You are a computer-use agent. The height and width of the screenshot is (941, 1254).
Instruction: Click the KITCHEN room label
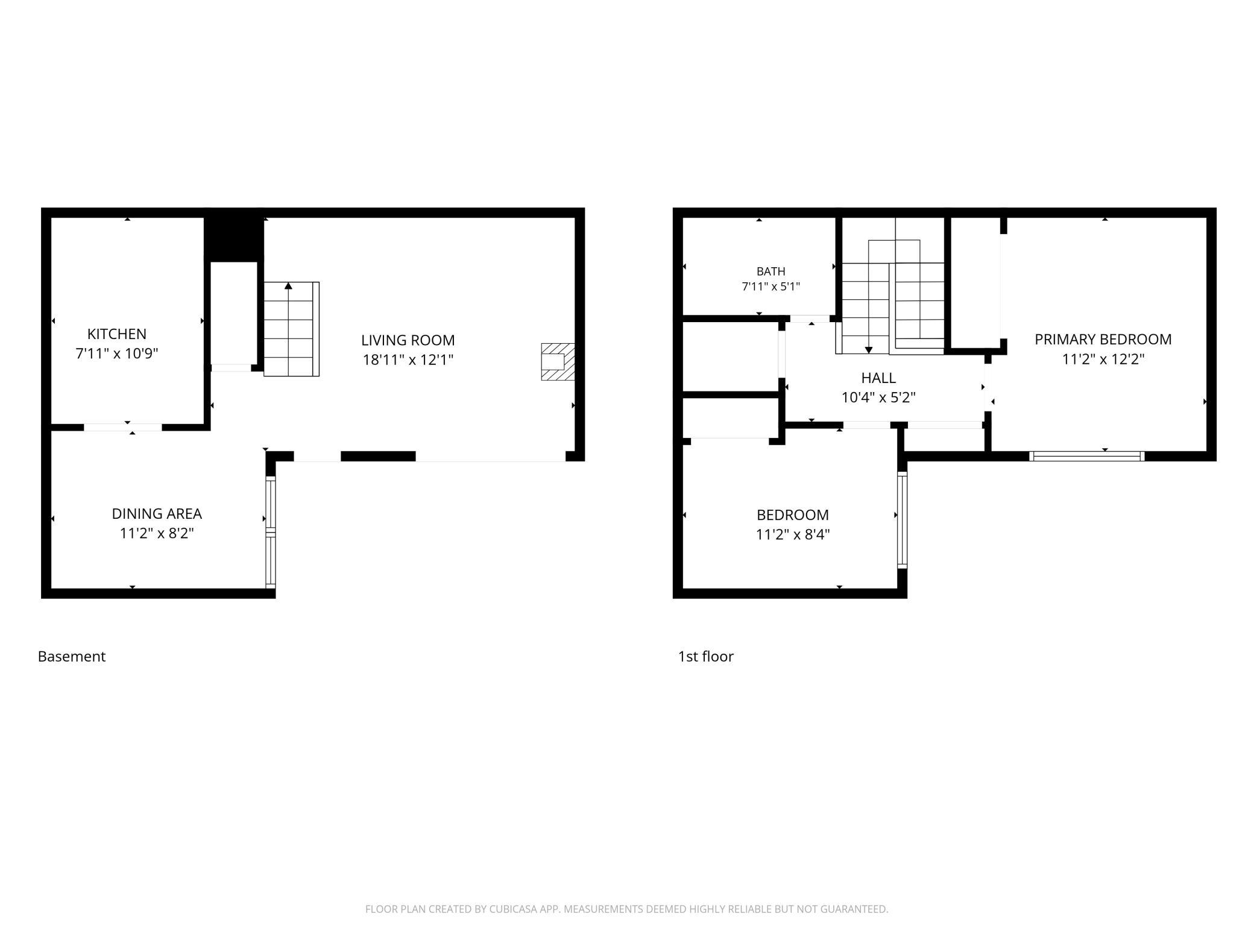117,334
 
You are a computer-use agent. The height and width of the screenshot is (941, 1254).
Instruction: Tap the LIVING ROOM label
408,340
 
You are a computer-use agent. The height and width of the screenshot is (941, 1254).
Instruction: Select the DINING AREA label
157,513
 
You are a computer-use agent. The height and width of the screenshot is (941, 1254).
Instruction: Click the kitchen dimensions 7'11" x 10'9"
117,353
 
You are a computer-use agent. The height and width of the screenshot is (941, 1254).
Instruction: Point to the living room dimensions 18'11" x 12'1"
408,360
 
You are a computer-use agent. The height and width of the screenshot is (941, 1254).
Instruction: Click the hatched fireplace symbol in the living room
558,361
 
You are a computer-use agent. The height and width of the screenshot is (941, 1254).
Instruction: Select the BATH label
771,271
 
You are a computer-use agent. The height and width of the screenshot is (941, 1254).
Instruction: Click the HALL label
878,378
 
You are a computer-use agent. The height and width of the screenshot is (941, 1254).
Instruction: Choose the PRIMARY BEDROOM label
1103,340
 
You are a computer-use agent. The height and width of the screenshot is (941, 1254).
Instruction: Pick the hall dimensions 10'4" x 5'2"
878,398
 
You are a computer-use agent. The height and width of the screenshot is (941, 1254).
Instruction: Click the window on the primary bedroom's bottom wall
1087,456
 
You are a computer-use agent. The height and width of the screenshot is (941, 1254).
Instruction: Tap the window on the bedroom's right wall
902,520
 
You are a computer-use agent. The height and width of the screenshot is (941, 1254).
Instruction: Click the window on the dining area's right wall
271,532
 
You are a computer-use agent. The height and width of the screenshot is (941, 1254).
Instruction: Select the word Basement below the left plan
72,656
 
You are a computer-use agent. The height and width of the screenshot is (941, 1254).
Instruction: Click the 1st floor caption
706,656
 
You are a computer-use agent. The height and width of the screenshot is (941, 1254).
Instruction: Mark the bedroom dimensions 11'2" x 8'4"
793,534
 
